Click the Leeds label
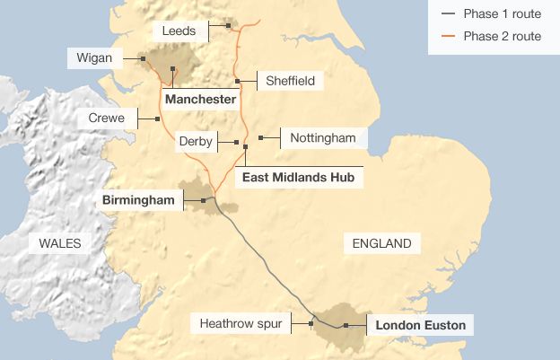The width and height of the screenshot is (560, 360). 179,31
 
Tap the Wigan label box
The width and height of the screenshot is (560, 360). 95,58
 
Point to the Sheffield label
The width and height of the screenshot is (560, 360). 290,81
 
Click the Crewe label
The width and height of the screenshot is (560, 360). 107,118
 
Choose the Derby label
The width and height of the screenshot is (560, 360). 195,142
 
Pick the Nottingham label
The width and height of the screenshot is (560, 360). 323,137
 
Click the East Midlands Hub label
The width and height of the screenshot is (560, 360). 299,178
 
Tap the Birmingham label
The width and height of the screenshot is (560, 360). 138,199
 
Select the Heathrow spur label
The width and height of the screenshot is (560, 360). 241,323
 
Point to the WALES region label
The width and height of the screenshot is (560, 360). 60,243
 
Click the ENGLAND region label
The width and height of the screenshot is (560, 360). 381,243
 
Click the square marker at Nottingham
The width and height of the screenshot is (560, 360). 260,137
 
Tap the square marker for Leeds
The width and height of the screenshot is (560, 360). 228,25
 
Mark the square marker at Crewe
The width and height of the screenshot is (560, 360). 157,119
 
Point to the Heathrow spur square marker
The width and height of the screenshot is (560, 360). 311,323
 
